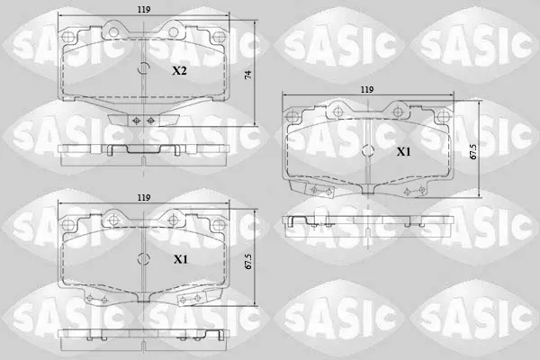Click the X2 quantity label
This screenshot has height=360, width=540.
tap(179, 71)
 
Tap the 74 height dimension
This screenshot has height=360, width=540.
tap(248, 75)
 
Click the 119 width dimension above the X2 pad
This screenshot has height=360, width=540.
tap(144, 10)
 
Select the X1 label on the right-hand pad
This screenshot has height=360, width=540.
tap(403, 151)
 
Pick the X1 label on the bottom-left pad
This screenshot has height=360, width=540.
tap(181, 259)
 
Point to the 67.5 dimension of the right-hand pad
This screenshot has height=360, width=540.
tap(474, 151)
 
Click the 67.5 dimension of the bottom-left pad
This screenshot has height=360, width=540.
tap(248, 262)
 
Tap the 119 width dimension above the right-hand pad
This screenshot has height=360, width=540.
tap(367, 90)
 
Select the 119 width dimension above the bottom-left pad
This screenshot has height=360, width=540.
tap(144, 198)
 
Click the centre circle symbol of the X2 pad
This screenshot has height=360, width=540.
tap(144, 69)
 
